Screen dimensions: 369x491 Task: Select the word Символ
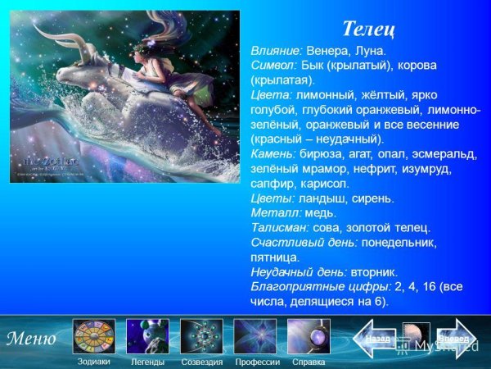point(274,65)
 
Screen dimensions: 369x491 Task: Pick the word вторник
point(375,272)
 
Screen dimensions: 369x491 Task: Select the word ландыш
point(321,198)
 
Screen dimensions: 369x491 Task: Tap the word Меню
point(32,338)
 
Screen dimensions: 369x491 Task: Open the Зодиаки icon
point(93,336)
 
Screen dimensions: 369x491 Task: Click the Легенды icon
point(147,336)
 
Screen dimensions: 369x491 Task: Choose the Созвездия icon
point(201,336)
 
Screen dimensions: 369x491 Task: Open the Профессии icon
point(256,336)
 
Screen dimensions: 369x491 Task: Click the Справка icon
point(309,336)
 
